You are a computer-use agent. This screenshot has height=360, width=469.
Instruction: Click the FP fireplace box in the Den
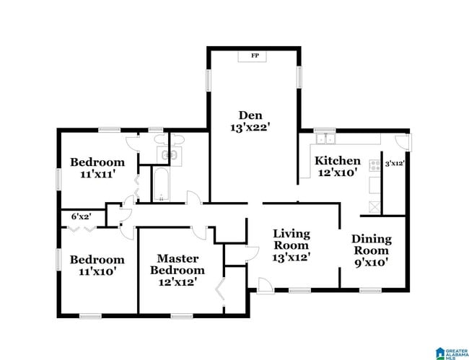pyautogui.click(x=254, y=56)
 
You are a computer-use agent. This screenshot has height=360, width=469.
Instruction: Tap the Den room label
pyautogui.click(x=250, y=115)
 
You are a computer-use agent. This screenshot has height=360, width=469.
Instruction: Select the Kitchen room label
pyautogui.click(x=337, y=161)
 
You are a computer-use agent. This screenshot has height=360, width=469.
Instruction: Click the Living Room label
pyautogui.click(x=291, y=240)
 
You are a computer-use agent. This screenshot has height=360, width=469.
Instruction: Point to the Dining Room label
pyautogui.click(x=371, y=245)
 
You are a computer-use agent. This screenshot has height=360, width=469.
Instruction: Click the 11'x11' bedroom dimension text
pyautogui.click(x=97, y=175)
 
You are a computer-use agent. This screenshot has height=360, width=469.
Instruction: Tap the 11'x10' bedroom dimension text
pyautogui.click(x=97, y=272)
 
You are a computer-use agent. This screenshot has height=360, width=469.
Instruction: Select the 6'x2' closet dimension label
pyautogui.click(x=81, y=216)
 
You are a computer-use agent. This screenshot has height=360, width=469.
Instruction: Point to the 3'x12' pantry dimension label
pyautogui.click(x=394, y=164)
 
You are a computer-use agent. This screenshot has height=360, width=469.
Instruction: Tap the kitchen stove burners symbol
pyautogui.click(x=374, y=166)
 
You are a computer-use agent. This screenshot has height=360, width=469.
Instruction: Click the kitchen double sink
pyautogui.click(x=325, y=138)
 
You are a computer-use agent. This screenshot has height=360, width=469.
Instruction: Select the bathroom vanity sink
pyautogui.click(x=172, y=154)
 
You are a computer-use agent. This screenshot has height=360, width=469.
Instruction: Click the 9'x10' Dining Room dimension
pyautogui.click(x=371, y=263)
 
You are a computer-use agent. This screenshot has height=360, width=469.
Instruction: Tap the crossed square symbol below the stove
pyautogui.click(x=374, y=206)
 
